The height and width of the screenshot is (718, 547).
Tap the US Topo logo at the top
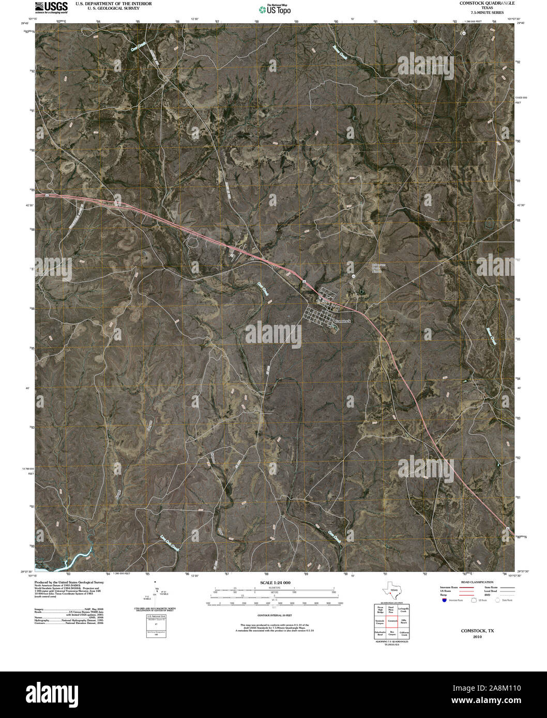tap(275, 9)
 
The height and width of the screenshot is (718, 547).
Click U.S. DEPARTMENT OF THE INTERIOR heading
tap(113, 3)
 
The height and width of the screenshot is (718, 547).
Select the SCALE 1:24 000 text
tap(275, 583)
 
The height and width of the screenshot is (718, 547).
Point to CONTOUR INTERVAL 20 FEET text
tap(275, 616)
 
